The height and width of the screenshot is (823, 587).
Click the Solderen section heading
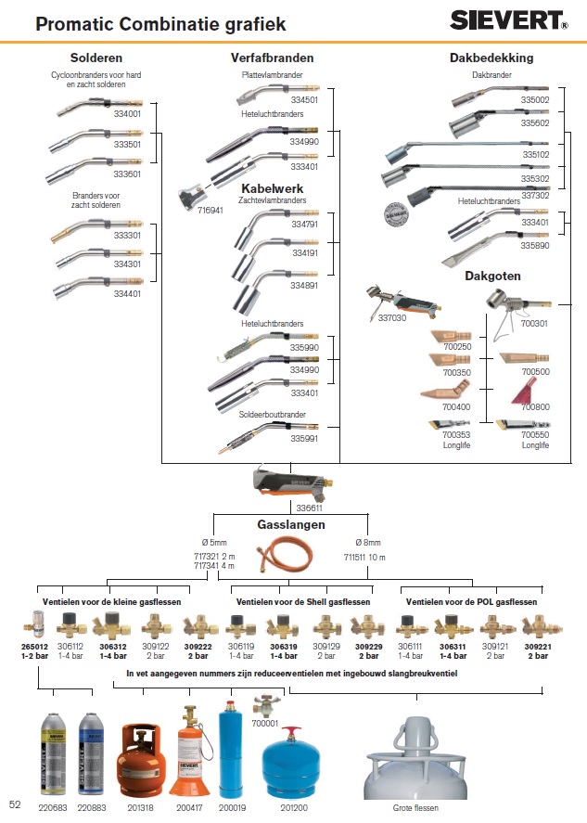(96, 58)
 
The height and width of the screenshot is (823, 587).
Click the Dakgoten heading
(491, 276)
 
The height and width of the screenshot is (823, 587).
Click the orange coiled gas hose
(292, 559)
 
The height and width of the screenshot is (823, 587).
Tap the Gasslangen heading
(291, 525)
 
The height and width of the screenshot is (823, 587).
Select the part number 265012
(35, 647)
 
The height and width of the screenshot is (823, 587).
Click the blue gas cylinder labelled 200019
(229, 752)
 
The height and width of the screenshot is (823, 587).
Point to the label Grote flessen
(415, 808)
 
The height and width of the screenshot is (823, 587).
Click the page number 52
(15, 804)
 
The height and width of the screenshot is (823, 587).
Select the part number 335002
(534, 98)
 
